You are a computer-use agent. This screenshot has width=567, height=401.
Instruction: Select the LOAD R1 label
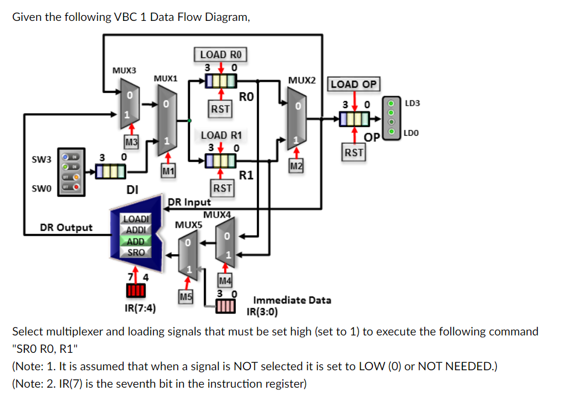click(220, 135)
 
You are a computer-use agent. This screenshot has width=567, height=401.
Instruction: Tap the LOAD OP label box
click(354, 84)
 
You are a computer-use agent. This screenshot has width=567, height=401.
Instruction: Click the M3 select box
click(132, 141)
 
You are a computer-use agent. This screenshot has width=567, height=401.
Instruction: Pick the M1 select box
click(167, 171)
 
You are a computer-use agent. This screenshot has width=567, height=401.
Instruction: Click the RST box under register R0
click(221, 109)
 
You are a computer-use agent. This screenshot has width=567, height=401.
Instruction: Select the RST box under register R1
click(223, 188)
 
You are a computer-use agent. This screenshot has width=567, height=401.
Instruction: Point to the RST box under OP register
click(354, 153)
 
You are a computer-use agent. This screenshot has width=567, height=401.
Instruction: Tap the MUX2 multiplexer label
click(302, 79)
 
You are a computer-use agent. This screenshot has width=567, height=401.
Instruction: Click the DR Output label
click(66, 227)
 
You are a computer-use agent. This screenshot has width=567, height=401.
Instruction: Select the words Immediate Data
click(292, 300)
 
